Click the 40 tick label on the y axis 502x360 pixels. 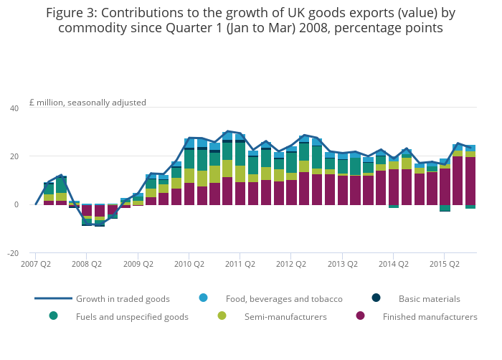click(14, 108)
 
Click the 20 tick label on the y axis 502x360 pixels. click(14, 156)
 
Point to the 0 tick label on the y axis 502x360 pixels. click(16, 204)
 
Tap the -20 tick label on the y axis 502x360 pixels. click(12, 253)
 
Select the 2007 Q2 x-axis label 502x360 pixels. click(35, 264)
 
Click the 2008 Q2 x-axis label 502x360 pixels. click(86, 264)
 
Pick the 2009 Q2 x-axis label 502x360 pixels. click(138, 264)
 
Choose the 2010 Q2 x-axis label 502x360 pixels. click(189, 264)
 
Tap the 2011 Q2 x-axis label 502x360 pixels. click(240, 264)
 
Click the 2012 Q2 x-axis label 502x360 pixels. click(291, 264)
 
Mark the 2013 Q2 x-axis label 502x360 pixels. click(342, 264)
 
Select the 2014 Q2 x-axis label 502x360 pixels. click(393, 264)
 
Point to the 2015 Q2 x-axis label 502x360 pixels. click(445, 264)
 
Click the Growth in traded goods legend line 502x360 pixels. click(53, 298)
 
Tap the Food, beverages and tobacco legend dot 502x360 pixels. click(203, 298)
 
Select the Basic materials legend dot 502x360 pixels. click(376, 298)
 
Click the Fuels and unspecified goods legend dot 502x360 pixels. click(53, 316)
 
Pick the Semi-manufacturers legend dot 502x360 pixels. click(222, 316)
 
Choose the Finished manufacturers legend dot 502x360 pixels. click(360, 316)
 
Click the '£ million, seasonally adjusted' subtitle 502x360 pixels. click(87, 103)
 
